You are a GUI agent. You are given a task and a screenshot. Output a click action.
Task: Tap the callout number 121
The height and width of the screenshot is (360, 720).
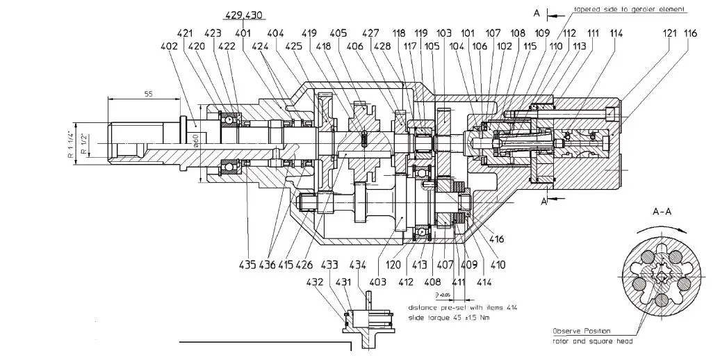(671, 33)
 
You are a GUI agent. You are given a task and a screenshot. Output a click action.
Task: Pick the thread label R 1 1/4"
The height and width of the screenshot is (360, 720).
(71, 144)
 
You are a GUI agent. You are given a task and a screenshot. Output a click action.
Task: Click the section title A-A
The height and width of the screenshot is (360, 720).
(664, 210)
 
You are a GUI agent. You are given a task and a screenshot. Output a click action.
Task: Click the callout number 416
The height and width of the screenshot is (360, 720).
(496, 239)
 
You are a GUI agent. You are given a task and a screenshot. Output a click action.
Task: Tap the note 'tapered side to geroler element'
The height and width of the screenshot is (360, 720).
(629, 10)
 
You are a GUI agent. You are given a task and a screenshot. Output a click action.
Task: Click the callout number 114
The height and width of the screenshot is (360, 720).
(615, 33)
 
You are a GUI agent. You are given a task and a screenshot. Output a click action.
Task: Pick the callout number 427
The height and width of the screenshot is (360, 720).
(371, 33)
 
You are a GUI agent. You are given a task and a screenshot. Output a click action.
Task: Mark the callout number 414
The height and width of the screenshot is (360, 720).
(484, 282)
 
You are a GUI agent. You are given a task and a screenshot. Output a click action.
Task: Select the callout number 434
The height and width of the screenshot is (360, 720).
(357, 264)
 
